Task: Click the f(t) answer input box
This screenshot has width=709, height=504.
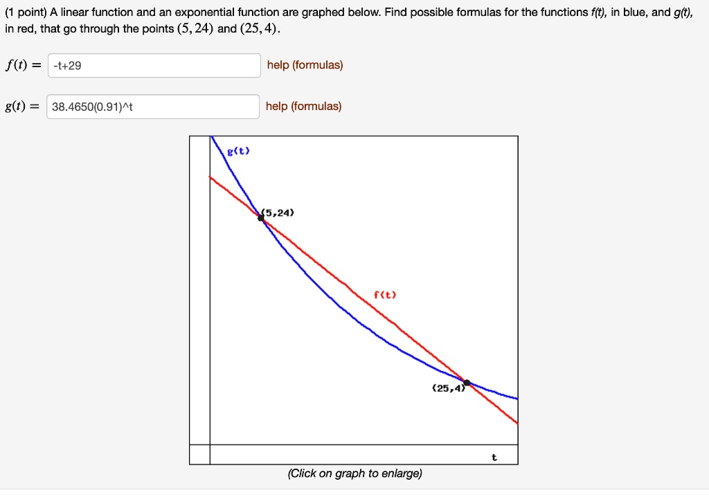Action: point(154,66)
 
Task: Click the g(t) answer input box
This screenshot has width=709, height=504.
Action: point(153,107)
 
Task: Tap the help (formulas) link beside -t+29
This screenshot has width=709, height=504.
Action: point(305,65)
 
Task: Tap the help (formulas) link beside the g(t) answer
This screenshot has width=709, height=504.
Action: point(303,106)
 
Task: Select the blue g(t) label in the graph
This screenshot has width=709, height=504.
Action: point(239,150)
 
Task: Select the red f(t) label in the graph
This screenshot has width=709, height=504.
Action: point(385,294)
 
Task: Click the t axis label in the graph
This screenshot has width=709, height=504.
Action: point(494,458)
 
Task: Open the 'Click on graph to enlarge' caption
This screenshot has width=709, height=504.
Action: point(354,474)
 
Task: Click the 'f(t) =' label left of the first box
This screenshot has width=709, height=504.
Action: point(23,66)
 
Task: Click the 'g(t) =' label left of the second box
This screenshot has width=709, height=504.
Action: point(23,107)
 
